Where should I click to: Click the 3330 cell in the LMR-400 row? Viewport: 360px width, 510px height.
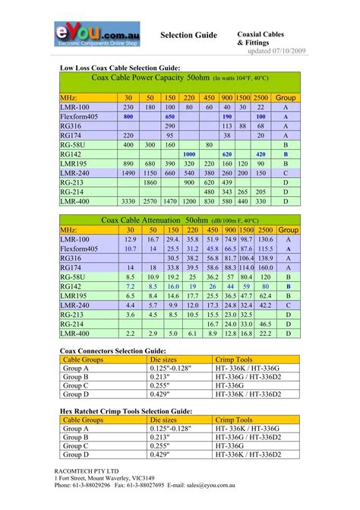click(128, 201)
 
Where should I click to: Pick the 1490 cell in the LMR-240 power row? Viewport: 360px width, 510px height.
click(128, 173)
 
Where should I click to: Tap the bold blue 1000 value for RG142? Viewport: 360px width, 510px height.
click(189, 154)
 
